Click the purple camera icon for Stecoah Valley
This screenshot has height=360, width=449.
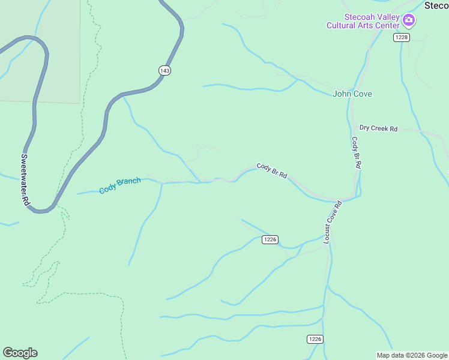tap(409, 21)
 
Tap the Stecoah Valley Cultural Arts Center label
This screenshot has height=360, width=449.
tap(363, 22)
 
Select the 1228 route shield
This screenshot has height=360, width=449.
tap(402, 37)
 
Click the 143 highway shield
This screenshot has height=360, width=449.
tap(165, 70)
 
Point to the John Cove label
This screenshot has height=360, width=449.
tap(352, 94)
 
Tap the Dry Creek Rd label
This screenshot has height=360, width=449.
tap(378, 128)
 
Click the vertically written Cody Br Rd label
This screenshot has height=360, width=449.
tap(355, 152)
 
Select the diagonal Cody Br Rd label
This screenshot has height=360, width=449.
tap(271, 170)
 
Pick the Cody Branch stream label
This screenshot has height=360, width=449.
tap(120, 185)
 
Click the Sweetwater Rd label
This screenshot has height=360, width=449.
tap(25, 181)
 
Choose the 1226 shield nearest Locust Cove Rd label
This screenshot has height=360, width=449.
tap(270, 239)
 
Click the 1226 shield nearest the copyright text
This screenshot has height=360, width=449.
tap(315, 339)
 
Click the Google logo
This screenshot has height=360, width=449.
tap(20, 353)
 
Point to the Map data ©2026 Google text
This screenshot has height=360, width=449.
tap(412, 355)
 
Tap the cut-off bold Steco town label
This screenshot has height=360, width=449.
tap(436, 5)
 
